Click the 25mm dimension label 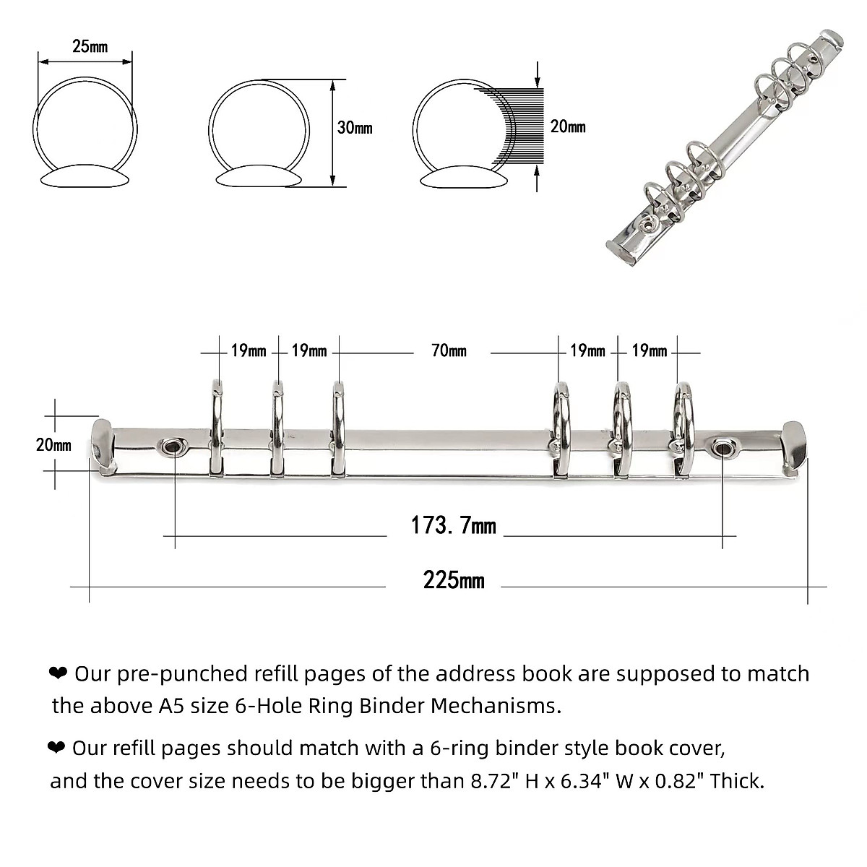click(x=90, y=47)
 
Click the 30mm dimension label click(x=355, y=128)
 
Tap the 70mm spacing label click(x=449, y=351)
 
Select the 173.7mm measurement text click(x=453, y=525)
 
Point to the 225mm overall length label click(x=454, y=580)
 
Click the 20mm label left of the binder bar click(x=53, y=445)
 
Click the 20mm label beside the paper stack click(x=568, y=126)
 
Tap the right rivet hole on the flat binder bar click(x=721, y=448)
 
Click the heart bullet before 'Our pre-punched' click(x=57, y=673)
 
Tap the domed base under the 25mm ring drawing click(x=86, y=178)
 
